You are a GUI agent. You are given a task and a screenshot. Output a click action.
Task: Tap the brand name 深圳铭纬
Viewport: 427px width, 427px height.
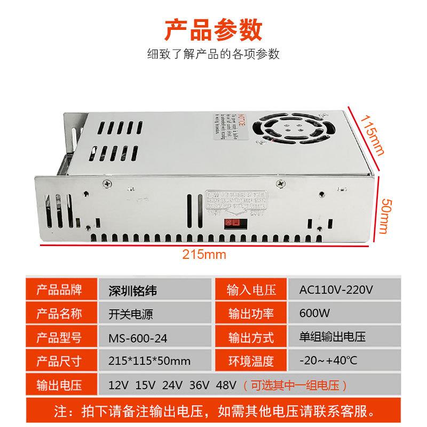(132, 291)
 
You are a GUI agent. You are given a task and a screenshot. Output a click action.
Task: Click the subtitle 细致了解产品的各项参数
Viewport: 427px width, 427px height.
(213, 54)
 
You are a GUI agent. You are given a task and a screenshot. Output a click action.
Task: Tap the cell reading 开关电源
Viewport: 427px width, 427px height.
(131, 314)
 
